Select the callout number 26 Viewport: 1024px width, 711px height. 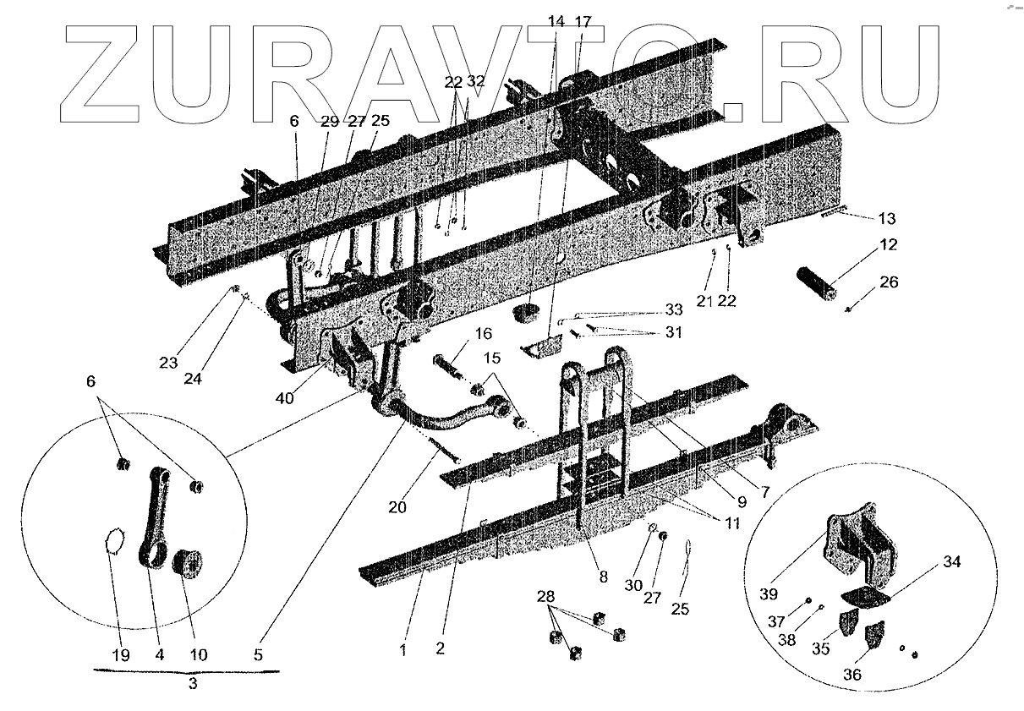pos(889,282)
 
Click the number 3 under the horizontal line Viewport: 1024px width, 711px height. pos(192,684)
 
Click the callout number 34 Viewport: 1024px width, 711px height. pos(928,562)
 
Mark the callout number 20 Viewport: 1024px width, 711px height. pos(397,508)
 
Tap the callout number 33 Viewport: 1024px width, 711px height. pos(673,309)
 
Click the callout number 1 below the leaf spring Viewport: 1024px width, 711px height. pos(403,650)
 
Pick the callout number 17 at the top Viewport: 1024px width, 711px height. pos(583,20)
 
